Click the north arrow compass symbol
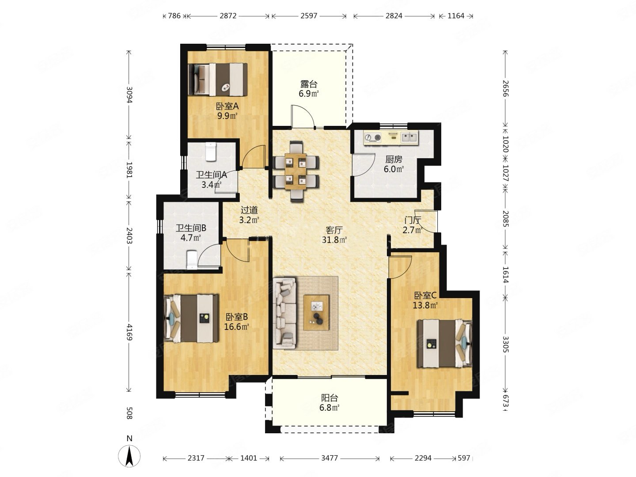tap(129, 456)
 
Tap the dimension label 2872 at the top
tap(228, 15)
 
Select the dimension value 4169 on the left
tap(129, 332)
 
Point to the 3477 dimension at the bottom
tap(329, 458)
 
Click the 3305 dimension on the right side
tap(506, 344)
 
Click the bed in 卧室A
tap(218, 79)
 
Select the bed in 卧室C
tap(445, 344)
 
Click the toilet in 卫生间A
tap(211, 152)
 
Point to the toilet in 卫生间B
tap(192, 260)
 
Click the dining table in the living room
tap(295, 171)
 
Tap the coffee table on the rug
tap(316, 312)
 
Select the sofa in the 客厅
tap(285, 313)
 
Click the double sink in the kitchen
tap(409, 137)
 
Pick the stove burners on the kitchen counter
tap(373, 137)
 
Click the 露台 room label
tap(309, 84)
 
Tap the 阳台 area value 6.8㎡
tap(329, 408)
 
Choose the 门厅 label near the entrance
tap(413, 220)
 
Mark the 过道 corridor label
tap(249, 210)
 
